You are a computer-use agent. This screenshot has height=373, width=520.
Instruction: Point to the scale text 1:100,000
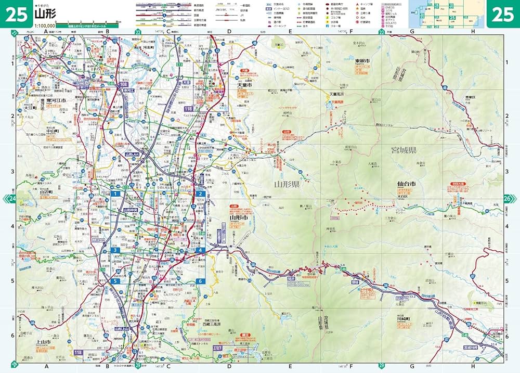[x=45, y=25]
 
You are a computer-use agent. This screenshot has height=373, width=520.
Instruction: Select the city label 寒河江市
[x=55, y=101]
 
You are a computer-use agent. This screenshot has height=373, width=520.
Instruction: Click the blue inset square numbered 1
[x=115, y=194]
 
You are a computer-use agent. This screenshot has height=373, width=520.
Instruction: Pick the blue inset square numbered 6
[x=199, y=281]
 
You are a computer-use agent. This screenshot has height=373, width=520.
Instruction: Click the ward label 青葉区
[x=471, y=97]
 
